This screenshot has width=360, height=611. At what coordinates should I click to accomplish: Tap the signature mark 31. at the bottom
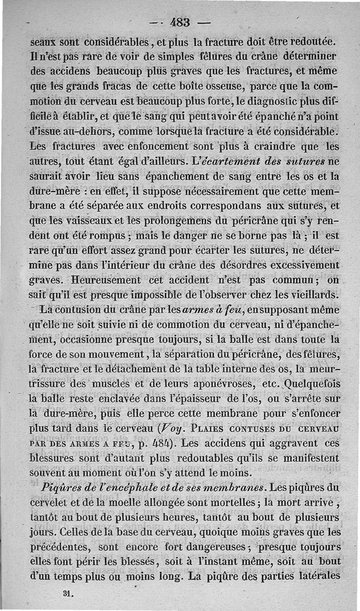click(69, 593)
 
